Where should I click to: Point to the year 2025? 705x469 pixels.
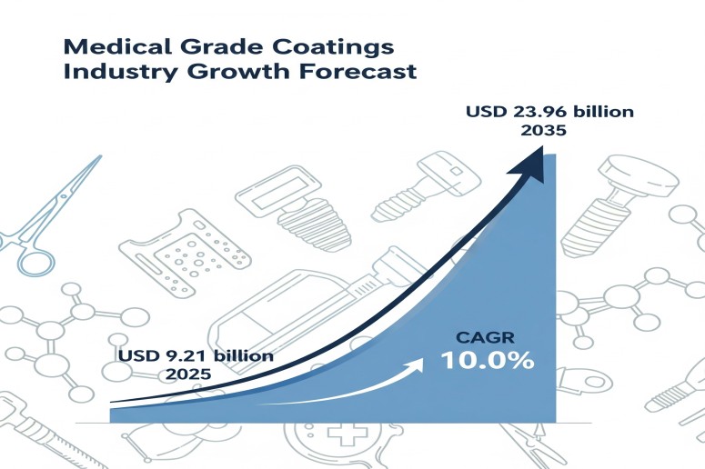tap(187, 374)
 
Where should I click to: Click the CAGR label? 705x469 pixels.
tap(474, 338)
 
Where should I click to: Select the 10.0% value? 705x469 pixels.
tap(488, 361)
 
